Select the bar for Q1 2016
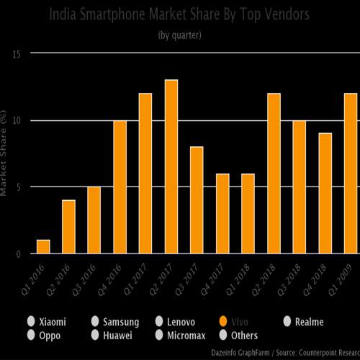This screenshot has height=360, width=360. pyautogui.click(x=43, y=246)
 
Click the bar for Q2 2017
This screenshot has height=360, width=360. pyautogui.click(x=171, y=167)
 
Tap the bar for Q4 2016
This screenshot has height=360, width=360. pyautogui.click(x=120, y=187)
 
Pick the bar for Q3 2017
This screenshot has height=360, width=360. pyautogui.click(x=197, y=200)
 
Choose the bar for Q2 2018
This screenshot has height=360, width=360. pyautogui.click(x=274, y=174)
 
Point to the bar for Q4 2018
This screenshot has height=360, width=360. pyautogui.click(x=325, y=194)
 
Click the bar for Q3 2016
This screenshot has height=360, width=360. pyautogui.click(x=94, y=220)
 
